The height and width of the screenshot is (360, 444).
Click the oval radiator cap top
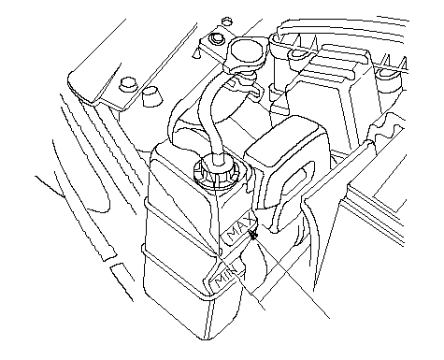249,50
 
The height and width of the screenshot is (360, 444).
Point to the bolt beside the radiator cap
216,38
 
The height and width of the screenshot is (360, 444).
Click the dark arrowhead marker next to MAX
253,235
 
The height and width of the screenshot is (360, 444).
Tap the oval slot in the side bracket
295,179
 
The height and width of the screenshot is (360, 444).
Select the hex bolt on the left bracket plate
128,83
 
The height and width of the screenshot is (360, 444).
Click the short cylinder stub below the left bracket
151,96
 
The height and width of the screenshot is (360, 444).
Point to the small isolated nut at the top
227,22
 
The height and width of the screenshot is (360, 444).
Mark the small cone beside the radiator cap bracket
196,53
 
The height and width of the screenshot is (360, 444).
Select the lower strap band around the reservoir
178,274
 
